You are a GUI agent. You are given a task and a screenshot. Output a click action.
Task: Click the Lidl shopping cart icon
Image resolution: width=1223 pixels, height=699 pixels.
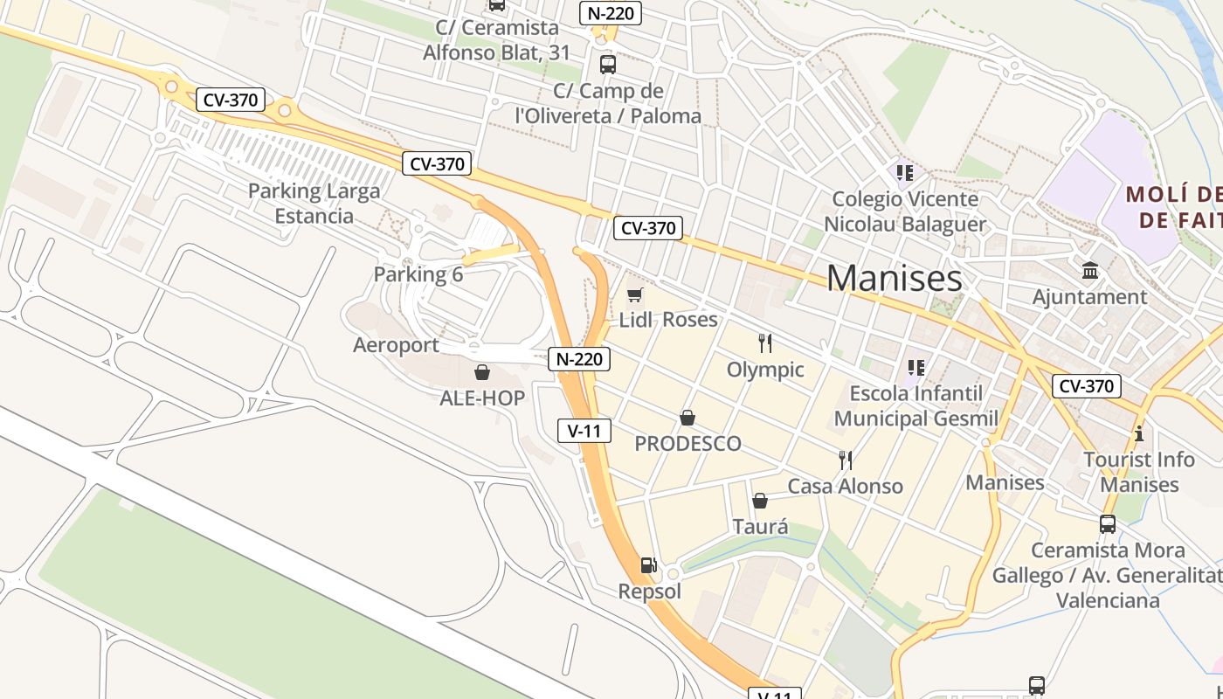635,295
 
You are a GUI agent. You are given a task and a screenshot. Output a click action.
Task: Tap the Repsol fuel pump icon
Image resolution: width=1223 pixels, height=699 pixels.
648,565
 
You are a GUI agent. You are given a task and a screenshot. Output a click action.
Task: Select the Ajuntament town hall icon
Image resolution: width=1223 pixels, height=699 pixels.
1089,271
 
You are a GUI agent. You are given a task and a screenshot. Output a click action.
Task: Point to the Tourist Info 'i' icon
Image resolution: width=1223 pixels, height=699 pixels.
1138,433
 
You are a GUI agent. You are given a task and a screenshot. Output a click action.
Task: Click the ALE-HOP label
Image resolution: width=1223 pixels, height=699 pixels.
482,398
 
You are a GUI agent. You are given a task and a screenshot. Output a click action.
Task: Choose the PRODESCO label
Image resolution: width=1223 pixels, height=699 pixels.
688,444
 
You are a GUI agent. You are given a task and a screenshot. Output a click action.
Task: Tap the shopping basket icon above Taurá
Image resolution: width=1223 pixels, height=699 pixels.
760,501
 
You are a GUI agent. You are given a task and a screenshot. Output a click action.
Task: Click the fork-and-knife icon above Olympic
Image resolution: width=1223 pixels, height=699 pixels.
765,343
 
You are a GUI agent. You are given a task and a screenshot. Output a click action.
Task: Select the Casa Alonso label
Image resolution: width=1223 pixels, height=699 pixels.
845,487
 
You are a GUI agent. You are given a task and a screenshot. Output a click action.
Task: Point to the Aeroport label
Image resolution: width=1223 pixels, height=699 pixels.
396,345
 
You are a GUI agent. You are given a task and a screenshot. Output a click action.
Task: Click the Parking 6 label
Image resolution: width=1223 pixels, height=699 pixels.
418,274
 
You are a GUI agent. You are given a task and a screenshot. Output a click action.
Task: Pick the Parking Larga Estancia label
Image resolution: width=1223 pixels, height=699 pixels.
314,204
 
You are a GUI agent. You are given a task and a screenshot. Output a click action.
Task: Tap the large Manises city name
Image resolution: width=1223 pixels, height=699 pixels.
894,278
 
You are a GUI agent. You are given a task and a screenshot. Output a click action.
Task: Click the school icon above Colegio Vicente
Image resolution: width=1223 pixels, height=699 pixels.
904,172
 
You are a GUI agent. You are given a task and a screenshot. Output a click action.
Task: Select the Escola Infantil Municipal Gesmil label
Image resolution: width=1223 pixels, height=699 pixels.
916,405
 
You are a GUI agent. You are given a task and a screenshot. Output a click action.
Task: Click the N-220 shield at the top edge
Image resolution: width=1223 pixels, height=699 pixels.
611,13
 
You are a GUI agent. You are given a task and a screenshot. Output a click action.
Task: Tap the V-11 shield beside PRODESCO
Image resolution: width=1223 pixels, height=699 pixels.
584,430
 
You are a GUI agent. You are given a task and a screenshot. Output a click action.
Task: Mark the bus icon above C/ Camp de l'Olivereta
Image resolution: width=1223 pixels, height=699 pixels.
607,64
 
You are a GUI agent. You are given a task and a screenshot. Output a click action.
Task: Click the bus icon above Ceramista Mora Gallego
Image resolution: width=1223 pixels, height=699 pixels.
1107,524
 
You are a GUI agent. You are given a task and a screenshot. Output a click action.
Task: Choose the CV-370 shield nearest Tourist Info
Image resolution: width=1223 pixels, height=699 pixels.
1086,386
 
